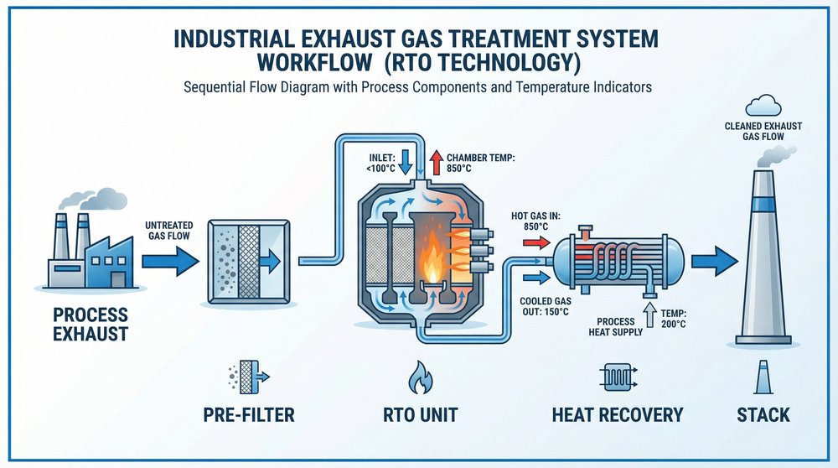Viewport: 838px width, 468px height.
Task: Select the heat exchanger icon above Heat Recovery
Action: pos(618,379)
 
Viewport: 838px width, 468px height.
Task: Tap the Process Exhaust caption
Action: pos(91,325)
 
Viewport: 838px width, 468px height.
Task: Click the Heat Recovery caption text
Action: pos(618,414)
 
